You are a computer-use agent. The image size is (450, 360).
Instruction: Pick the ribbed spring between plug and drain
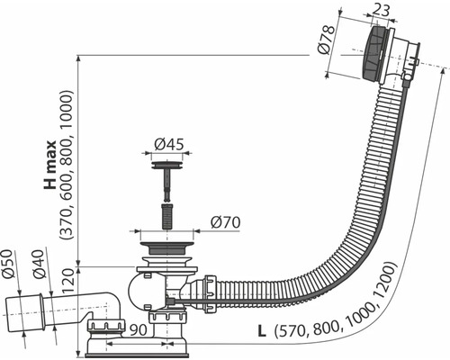pos(166,217)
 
